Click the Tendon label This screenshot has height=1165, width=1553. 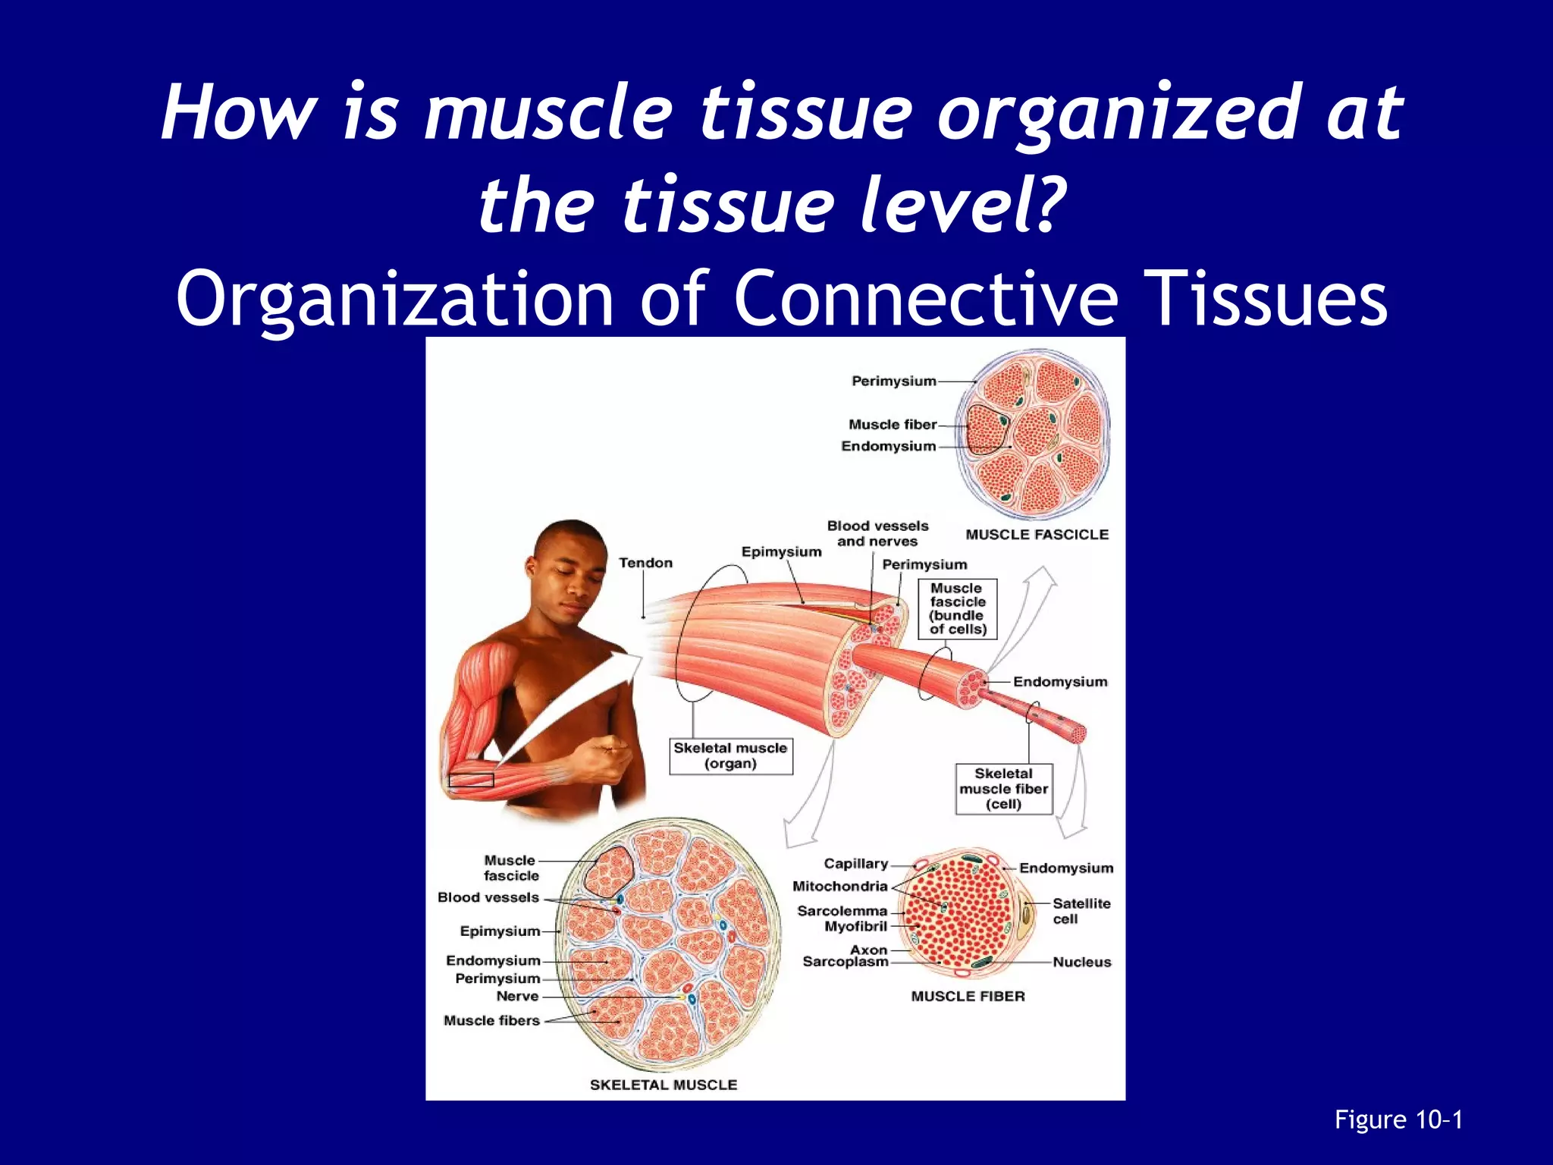645,563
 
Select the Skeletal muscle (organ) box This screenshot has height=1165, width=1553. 730,756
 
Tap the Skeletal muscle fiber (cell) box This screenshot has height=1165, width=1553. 1003,789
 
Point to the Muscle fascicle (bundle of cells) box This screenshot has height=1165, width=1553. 957,609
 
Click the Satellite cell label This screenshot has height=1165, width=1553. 1081,911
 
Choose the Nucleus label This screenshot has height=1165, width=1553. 1081,962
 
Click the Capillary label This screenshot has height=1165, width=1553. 855,864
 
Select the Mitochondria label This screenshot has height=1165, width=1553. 839,886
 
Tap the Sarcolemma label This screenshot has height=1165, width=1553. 842,911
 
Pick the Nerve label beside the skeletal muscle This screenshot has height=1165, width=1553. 517,997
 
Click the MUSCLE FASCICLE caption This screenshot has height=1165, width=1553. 1037,535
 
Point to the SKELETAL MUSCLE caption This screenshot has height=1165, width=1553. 664,1085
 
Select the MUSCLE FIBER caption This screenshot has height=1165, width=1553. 968,997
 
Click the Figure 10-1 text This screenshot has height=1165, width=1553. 1398,1119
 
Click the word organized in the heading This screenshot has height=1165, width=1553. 1118,114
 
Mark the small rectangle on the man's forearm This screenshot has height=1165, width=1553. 471,780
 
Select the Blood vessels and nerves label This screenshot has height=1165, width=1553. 877,533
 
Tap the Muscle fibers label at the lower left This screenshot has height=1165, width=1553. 491,1021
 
